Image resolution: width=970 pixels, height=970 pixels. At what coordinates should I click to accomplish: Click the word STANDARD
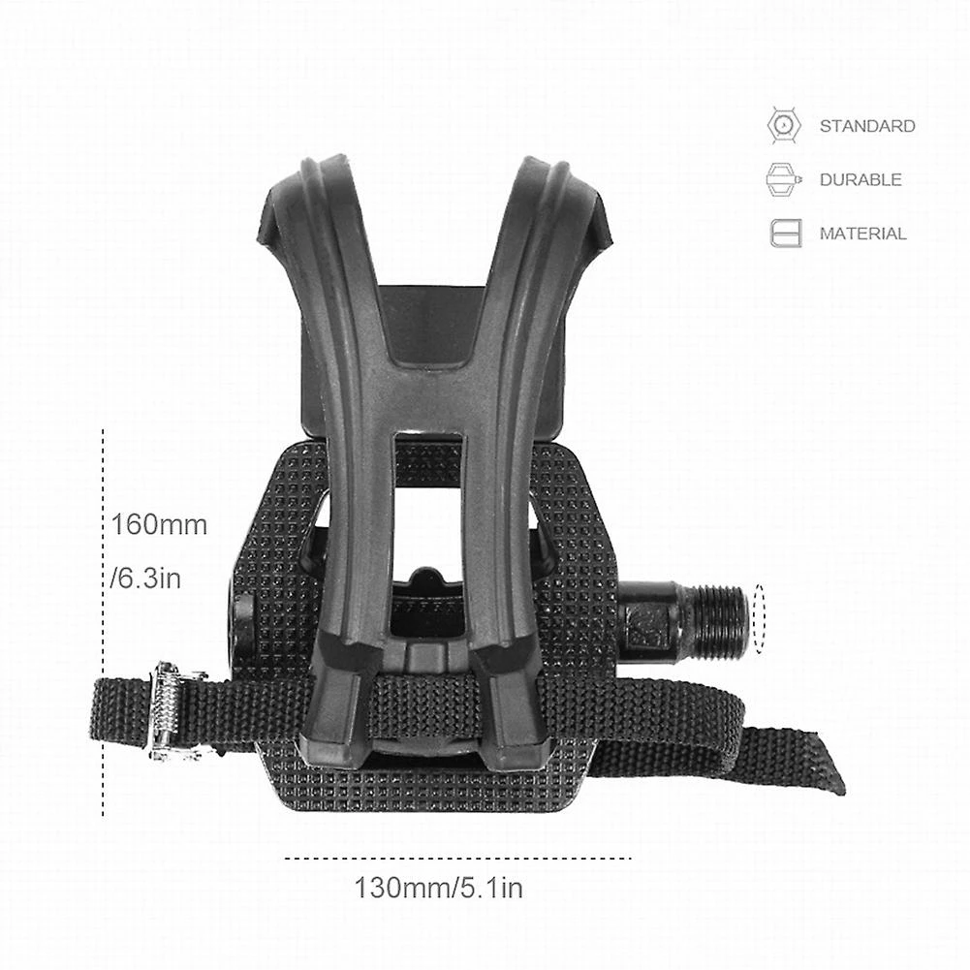pos(866,126)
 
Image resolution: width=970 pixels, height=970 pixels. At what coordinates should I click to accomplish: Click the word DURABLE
pos(860,179)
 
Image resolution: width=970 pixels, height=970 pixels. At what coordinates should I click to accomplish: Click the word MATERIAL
pos(862,234)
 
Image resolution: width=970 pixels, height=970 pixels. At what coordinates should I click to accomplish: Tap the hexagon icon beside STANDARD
pos(785,126)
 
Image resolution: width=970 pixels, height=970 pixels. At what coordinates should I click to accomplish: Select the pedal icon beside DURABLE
pos(786,179)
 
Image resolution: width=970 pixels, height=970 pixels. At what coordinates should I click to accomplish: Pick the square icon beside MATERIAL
pos(786,234)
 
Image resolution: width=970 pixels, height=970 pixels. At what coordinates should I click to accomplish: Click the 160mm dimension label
pos(159,526)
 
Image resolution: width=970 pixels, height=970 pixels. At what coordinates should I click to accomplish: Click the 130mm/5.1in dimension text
pos(438,887)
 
